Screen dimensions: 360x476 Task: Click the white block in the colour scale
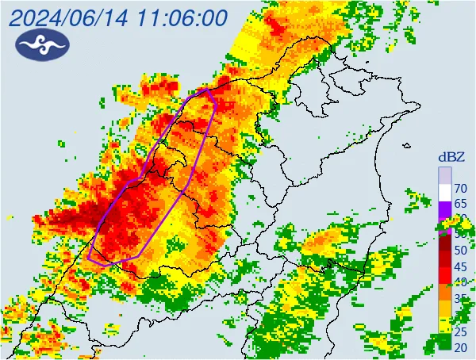click(x=445, y=190)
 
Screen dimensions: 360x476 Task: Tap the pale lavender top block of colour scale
click(x=445, y=174)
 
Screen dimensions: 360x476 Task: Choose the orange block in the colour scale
click(x=445, y=302)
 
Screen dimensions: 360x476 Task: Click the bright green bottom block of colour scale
click(x=445, y=343)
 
